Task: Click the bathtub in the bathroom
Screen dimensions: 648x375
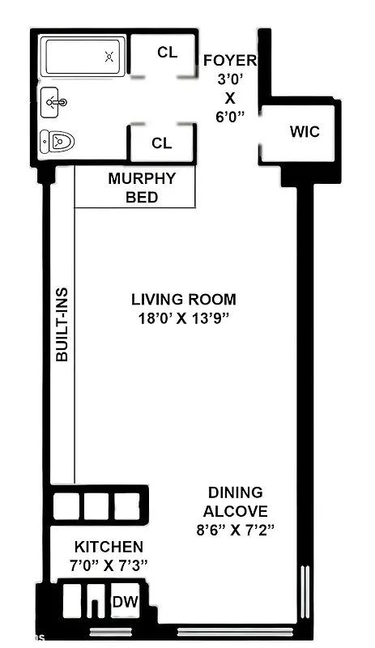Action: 83,58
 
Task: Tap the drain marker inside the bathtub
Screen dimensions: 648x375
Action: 109,57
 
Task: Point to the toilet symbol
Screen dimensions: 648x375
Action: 58,143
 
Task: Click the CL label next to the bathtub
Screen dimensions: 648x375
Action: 167,53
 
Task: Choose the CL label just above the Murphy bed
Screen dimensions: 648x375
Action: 162,143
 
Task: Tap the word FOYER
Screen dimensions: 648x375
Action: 229,61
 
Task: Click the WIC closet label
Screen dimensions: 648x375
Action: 305,132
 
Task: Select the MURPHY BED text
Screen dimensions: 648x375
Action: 142,188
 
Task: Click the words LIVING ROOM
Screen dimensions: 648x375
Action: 184,300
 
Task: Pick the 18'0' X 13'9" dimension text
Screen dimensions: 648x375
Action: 184,318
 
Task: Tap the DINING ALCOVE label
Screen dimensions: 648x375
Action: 235,501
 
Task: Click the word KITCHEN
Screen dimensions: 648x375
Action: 109,547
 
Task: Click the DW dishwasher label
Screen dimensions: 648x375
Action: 125,601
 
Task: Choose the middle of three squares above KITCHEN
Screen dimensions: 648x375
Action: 96,505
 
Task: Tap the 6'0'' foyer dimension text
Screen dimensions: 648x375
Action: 229,116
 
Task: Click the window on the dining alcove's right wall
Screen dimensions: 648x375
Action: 305,595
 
